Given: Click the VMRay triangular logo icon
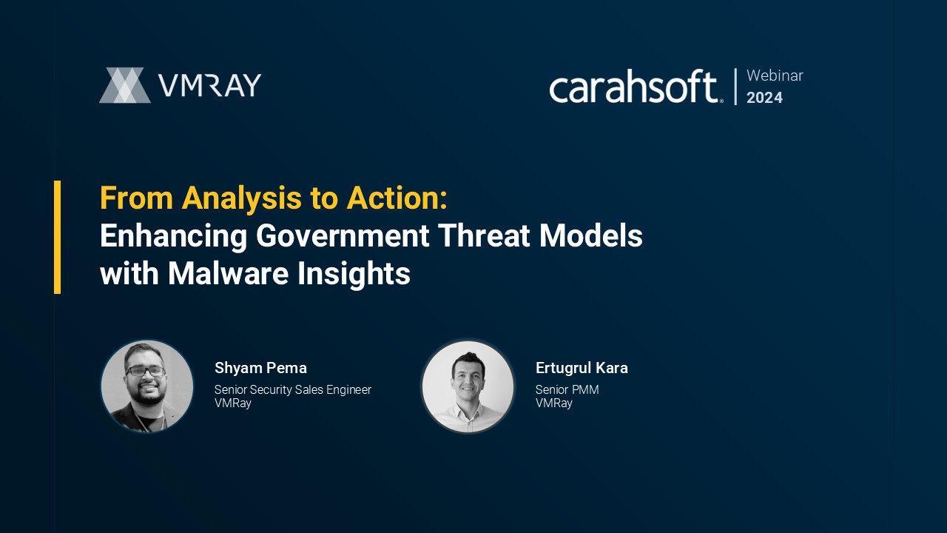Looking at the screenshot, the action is click(x=125, y=85).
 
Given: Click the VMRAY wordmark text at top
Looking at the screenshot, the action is click(x=210, y=85).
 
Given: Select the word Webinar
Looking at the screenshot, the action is click(x=775, y=76).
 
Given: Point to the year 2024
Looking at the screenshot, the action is click(x=764, y=98).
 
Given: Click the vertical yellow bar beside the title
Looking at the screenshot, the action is click(x=58, y=238).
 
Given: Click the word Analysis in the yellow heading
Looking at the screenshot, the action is click(x=241, y=198).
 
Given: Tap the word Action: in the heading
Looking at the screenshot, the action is click(x=397, y=198).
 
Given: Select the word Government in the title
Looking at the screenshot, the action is click(x=343, y=235).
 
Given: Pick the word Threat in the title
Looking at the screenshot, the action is click(x=484, y=235).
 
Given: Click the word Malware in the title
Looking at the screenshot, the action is click(x=229, y=273).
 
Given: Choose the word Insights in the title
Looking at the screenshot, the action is click(x=354, y=275).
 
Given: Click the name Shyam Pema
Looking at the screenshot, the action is click(x=260, y=368).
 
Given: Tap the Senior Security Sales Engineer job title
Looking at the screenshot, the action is click(x=292, y=389).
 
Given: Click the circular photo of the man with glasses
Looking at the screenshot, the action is click(x=146, y=386).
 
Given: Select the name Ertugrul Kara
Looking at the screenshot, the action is click(x=582, y=368).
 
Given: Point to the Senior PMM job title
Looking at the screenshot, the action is click(x=567, y=389).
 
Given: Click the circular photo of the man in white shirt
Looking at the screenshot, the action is click(x=468, y=386).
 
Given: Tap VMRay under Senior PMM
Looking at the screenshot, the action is click(x=554, y=403).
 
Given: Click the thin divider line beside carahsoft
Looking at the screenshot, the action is click(x=735, y=87).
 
